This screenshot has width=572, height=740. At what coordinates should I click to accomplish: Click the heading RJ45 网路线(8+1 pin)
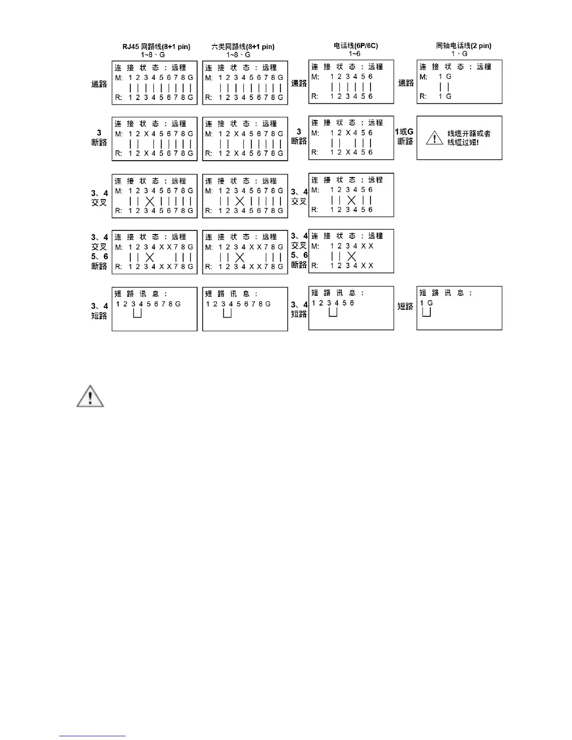click(156, 47)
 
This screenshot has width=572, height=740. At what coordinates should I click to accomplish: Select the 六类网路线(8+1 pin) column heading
click(243, 47)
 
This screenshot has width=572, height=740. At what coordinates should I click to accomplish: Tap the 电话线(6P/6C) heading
click(356, 46)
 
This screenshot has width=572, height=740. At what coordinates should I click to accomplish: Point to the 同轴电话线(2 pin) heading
click(463, 46)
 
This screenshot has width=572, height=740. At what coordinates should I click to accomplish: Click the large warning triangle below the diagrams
click(90, 397)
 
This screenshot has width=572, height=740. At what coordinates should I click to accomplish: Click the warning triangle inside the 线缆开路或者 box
click(435, 138)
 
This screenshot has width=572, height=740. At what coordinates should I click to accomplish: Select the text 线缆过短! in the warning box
click(463, 142)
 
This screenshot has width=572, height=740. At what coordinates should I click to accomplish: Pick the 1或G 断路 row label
click(405, 136)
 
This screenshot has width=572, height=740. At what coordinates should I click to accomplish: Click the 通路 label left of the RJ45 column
click(99, 84)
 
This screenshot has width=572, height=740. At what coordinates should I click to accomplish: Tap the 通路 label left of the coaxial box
click(406, 83)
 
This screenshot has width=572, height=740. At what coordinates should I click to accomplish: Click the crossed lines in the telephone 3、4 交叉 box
click(351, 200)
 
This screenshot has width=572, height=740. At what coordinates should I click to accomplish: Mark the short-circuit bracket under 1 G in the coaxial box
click(426, 312)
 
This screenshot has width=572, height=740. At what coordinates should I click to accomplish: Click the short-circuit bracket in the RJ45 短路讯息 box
click(137, 313)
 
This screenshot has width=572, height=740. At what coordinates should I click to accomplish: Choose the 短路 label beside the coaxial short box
click(405, 306)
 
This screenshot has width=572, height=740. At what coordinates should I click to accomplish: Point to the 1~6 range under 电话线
click(354, 54)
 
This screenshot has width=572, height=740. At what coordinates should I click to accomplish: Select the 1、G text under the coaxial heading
click(459, 54)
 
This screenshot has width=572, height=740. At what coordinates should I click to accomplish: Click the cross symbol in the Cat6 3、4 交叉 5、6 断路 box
click(240, 257)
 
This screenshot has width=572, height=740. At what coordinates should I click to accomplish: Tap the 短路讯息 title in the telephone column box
click(337, 293)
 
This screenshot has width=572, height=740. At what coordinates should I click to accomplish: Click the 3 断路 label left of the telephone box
click(299, 136)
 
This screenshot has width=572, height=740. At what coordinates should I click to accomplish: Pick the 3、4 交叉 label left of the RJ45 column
click(99, 198)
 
